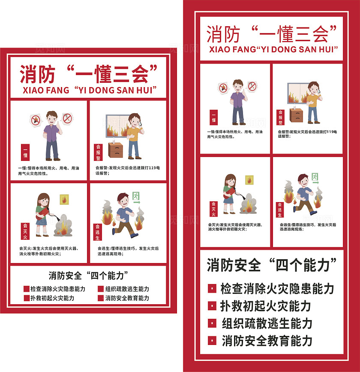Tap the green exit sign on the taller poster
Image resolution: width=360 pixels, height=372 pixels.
315,177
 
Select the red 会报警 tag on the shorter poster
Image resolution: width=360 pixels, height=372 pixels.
98,152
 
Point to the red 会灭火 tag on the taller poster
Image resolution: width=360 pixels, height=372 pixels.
213,209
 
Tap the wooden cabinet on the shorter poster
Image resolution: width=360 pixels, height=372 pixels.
115,150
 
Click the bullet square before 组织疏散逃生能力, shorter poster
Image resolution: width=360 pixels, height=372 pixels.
101,289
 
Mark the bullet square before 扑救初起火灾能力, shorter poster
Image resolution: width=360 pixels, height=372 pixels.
27,298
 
